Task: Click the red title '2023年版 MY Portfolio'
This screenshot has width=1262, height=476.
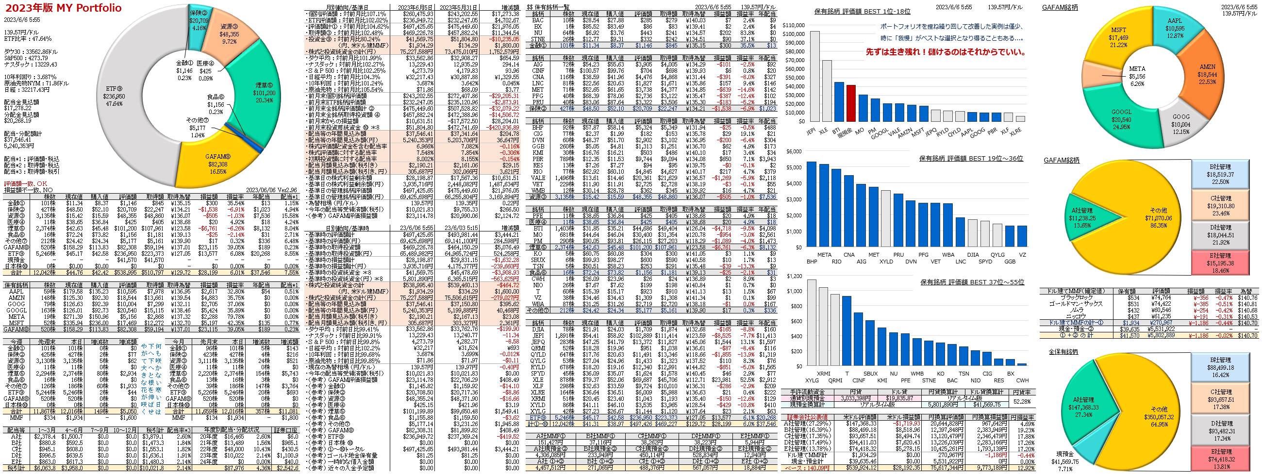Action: tap(63, 8)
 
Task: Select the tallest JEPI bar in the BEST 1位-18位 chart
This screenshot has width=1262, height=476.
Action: tap(814, 76)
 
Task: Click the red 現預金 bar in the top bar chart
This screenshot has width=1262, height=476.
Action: tap(851, 103)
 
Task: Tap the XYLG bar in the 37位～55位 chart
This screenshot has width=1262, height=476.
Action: tap(812, 323)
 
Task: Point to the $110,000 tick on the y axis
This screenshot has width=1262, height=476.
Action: tap(793, 25)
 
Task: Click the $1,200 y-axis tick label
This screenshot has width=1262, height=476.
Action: tap(795, 276)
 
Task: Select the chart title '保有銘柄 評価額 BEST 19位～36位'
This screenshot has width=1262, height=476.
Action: tap(971, 158)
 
